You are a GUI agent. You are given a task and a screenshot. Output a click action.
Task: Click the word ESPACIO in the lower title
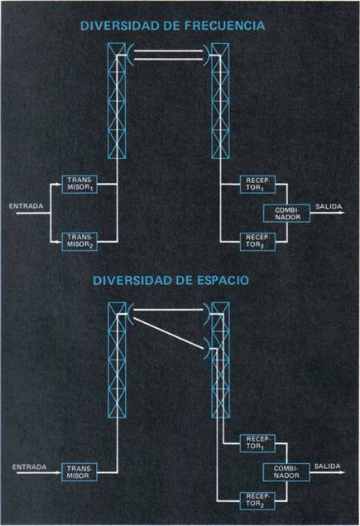pyautogui.click(x=223, y=280)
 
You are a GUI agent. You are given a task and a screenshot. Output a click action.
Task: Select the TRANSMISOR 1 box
pyautogui.click(x=79, y=184)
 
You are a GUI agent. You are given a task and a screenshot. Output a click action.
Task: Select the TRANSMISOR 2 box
pyautogui.click(x=79, y=241)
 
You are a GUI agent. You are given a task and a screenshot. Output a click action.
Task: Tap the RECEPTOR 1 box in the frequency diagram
pyautogui.click(x=257, y=184)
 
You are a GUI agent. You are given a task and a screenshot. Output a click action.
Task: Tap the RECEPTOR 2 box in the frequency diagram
pyautogui.click(x=257, y=241)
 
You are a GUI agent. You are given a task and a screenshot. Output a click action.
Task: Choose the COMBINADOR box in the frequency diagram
pyautogui.click(x=286, y=214)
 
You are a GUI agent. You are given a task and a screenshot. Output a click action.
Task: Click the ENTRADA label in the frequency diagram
pyautogui.click(x=26, y=206)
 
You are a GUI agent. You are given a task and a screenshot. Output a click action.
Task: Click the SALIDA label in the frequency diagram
pyautogui.click(x=329, y=206)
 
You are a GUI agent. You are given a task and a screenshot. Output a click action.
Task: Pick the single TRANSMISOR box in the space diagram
pyautogui.click(x=79, y=472)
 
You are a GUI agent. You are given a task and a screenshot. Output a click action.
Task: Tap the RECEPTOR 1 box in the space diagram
pyautogui.click(x=257, y=443)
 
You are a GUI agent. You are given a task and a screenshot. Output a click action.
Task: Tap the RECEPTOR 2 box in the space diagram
pyautogui.click(x=257, y=500)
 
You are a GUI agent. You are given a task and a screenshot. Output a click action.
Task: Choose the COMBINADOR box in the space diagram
pyautogui.click(x=286, y=472)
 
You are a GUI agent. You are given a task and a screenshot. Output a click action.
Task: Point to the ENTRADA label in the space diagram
pyautogui.click(x=29, y=466)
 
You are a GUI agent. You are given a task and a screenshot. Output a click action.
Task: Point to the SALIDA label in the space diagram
pyautogui.click(x=327, y=466)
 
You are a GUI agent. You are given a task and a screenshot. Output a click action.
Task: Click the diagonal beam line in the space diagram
pyautogui.click(x=169, y=334)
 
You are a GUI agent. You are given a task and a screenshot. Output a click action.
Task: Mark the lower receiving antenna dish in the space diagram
pyautogui.click(x=207, y=349)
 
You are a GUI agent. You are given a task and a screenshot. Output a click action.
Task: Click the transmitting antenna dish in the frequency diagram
pyautogui.click(x=129, y=55)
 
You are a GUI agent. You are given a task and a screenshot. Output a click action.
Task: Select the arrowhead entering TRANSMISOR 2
pyautogui.click(x=60, y=241)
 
